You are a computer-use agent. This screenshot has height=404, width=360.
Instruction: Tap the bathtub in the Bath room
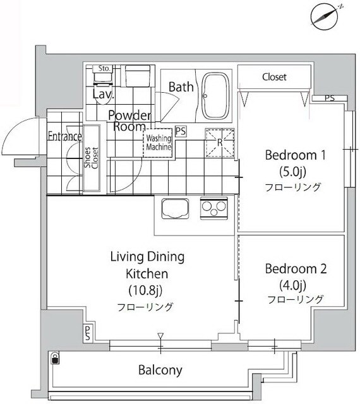[217, 95]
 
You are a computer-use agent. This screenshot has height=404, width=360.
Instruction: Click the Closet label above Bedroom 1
[274, 77]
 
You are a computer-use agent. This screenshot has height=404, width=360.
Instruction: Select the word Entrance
[64, 136]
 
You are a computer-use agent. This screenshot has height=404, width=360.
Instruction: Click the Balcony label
[160, 370]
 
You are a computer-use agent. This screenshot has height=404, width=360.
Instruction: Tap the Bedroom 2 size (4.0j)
[295, 284]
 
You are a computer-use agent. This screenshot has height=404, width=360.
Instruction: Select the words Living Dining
[147, 257]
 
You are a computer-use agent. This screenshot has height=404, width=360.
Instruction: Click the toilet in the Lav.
[102, 78]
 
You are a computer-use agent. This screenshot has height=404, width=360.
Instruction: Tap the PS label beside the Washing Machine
[181, 131]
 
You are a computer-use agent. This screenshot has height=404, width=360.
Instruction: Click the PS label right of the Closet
[329, 98]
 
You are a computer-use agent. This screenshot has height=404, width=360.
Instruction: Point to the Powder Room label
[129, 121]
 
